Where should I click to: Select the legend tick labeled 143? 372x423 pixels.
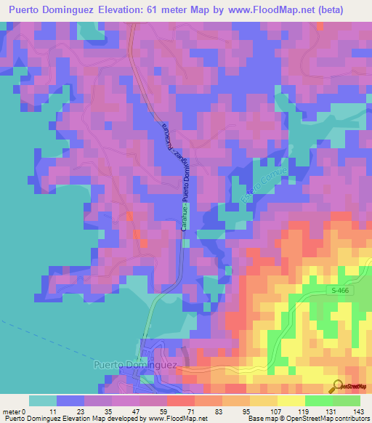point(360,411)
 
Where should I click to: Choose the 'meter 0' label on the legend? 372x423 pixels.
point(15,411)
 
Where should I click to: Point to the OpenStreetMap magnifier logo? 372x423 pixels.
point(337,386)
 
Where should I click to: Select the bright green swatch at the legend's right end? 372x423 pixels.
point(346,400)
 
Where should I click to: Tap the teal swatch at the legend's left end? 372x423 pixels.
point(43,400)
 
